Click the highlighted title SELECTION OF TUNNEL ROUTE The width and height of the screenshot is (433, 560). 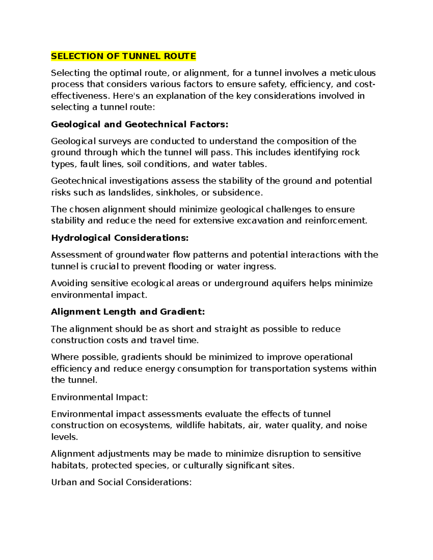[123, 56]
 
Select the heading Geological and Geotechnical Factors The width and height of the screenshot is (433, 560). [140, 124]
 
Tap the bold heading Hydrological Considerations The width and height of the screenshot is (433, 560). [120, 238]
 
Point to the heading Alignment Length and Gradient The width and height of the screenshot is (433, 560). [128, 312]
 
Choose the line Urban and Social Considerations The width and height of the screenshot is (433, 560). [121, 482]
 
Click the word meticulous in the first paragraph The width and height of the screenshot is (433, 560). [353, 73]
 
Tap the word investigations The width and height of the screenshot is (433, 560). [139, 181]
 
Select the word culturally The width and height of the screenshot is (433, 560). [203, 466]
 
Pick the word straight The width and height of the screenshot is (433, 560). [231, 329]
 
